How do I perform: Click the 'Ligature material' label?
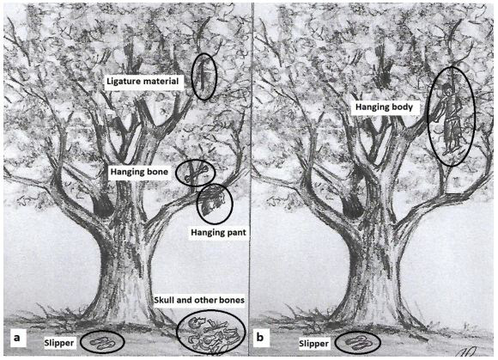pyautogui.click(x=143, y=82)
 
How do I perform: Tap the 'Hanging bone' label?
pyautogui.click(x=139, y=172)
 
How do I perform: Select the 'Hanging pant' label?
pyautogui.click(x=218, y=233)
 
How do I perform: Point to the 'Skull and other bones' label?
pyautogui.click(x=199, y=300)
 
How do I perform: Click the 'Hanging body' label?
pyautogui.click(x=384, y=107)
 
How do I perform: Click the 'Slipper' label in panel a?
pyautogui.click(x=59, y=343)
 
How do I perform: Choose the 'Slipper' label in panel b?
pyautogui.click(x=313, y=344)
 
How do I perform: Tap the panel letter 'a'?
pyautogui.click(x=16, y=338)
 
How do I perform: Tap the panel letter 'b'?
pyautogui.click(x=260, y=337)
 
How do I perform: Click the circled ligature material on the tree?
pyautogui.click(x=202, y=76)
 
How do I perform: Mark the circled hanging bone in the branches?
pyautogui.click(x=196, y=173)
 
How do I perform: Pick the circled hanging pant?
pyautogui.click(x=214, y=204)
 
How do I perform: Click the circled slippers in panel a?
pyautogui.click(x=102, y=343)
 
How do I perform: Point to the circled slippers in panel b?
pyautogui.click(x=358, y=343)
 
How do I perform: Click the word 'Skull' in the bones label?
pyautogui.click(x=164, y=300)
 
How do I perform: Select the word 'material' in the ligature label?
pyautogui.click(x=161, y=82)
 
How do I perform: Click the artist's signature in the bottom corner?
pyautogui.click(x=467, y=352)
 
